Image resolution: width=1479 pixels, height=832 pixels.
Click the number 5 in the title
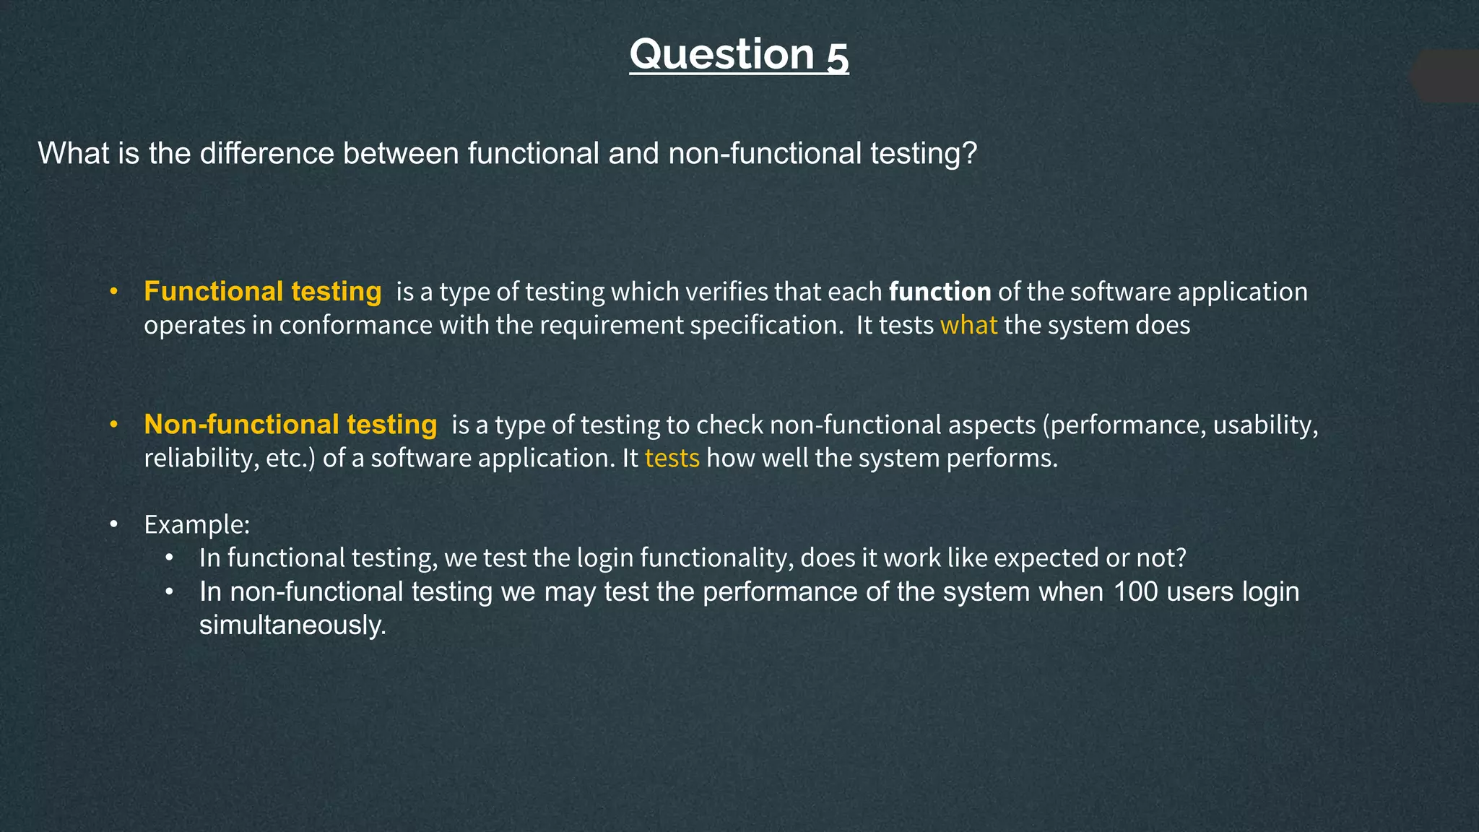tap(838, 56)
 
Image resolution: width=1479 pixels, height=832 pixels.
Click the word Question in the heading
tap(721, 55)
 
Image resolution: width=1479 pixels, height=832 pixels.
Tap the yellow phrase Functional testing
tap(262, 292)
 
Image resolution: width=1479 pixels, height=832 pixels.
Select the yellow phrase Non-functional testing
tap(290, 425)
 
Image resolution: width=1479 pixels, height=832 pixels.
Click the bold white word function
tap(940, 292)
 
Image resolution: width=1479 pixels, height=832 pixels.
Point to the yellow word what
tap(968, 326)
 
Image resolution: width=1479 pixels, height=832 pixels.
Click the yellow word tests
tap(672, 459)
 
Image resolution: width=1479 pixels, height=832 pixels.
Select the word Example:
tap(196, 524)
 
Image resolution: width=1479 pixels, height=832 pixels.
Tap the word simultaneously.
tap(292, 625)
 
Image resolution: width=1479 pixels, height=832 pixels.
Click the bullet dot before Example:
tap(113, 524)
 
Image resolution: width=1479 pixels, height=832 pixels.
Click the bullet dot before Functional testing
tap(113, 292)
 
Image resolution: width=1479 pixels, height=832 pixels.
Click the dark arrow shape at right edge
tap(1448, 77)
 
